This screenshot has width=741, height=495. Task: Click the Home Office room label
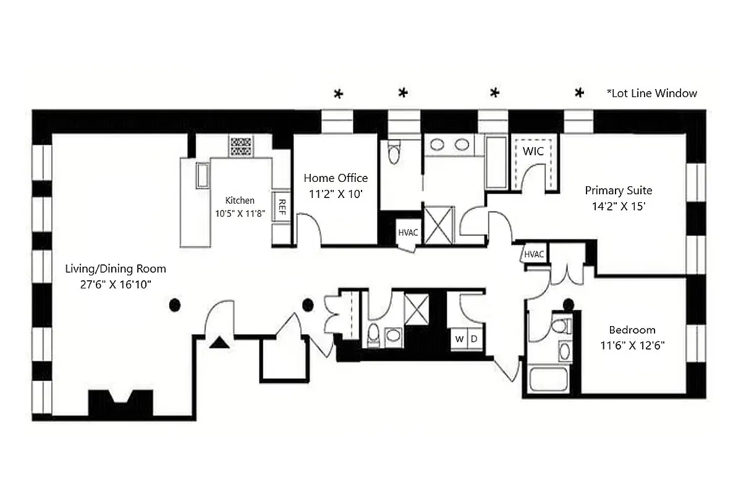pos(336,178)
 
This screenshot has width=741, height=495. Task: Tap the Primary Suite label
pos(619,191)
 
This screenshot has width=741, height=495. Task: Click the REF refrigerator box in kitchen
pos(282,206)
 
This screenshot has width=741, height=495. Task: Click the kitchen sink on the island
pos(203,175)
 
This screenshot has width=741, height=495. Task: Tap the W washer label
pos(459,339)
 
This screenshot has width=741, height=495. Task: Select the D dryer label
pos(475,339)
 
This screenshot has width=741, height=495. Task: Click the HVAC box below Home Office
pos(408,233)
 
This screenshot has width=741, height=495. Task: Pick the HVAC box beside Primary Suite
pos(534,254)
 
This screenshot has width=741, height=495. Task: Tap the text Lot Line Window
pos(652,93)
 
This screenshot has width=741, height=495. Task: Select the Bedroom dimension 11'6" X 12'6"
pos(632,345)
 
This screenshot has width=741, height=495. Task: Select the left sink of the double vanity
pos(438,145)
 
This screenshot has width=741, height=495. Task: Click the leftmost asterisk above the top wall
pos(338,94)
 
